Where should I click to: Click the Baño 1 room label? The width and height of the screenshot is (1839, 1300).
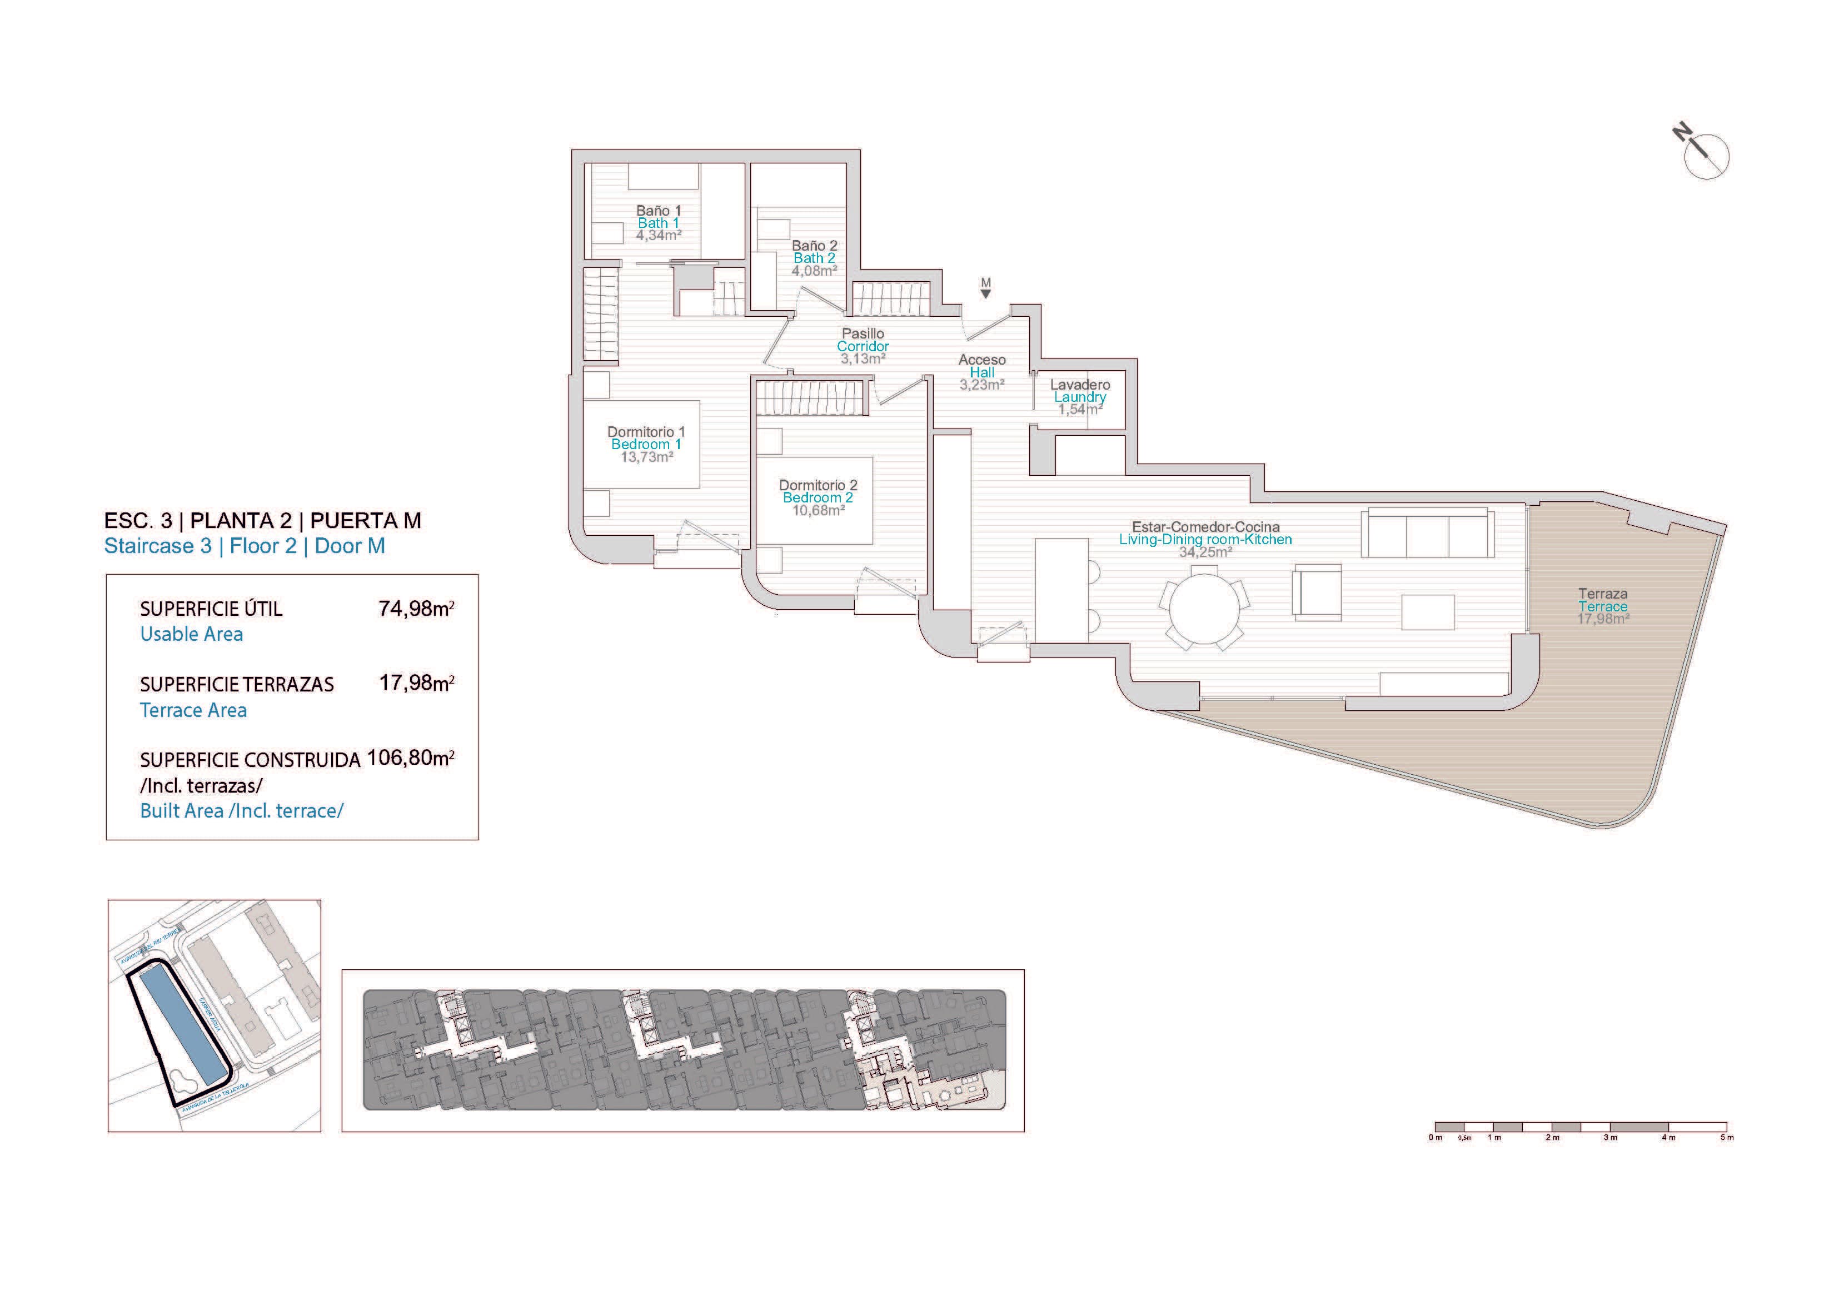point(659,211)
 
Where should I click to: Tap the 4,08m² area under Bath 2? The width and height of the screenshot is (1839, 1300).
point(814,271)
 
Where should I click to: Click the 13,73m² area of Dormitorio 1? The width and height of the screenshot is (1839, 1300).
point(646,457)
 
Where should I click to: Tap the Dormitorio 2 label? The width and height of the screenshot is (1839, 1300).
point(818,485)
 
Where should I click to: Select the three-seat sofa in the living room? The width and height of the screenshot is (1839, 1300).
point(1427,532)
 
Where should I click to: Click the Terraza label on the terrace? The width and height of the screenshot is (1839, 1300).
point(1603,594)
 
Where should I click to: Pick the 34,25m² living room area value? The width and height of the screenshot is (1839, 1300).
point(1205,552)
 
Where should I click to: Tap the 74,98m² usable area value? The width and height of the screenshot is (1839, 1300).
point(416,609)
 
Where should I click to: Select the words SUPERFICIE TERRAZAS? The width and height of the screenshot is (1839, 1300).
point(236,685)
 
